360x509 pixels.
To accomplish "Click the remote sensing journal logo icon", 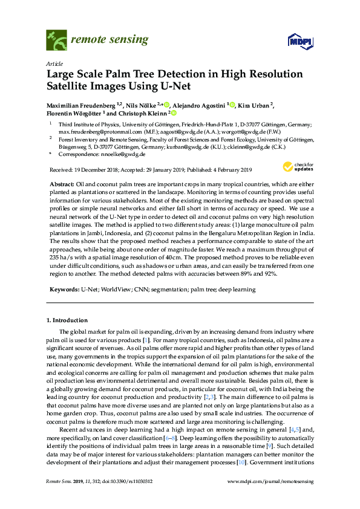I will click(57, 40).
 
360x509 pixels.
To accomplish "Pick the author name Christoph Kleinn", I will click(148, 113).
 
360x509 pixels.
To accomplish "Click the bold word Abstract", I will click(61, 183).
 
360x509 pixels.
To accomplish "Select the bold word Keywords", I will click(63, 290).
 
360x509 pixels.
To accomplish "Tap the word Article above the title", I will click(53, 63).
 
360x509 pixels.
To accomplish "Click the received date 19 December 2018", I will click(96, 169).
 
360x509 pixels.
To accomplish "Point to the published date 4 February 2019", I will click(228, 169).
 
